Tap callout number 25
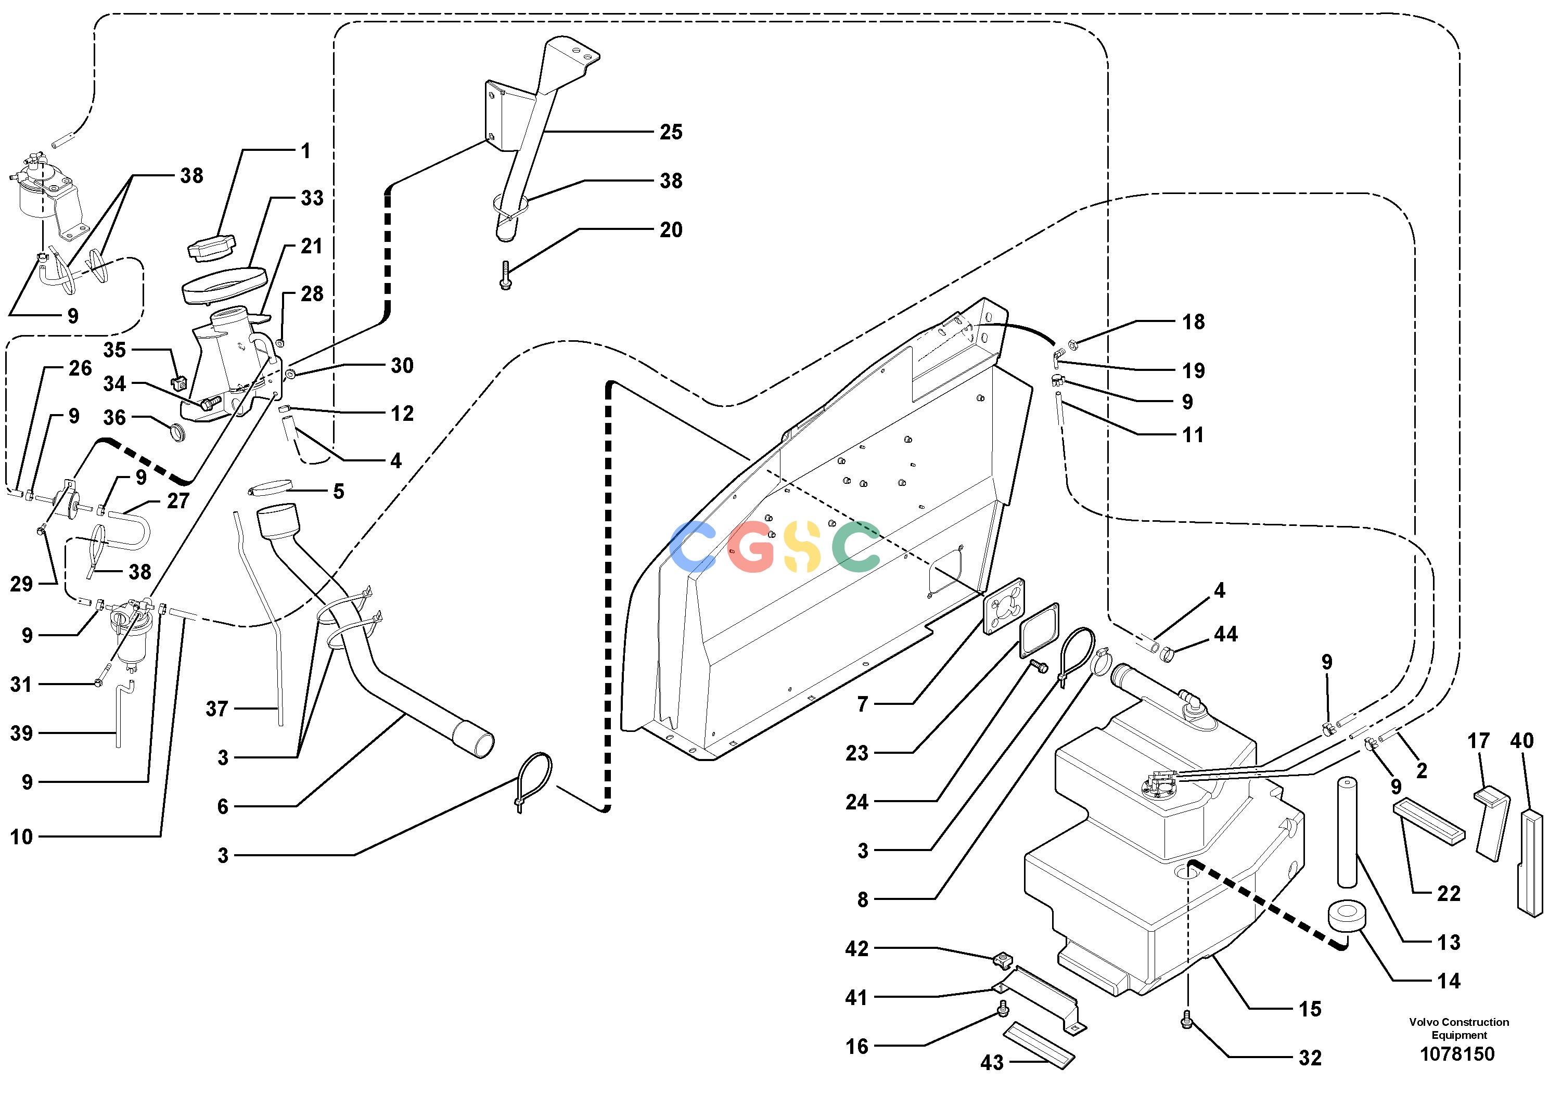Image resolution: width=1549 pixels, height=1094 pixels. pyautogui.click(x=671, y=132)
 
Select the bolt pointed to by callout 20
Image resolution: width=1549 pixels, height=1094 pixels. pyautogui.click(x=505, y=276)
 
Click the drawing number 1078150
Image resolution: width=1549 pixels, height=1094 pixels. pyautogui.click(x=1457, y=1053)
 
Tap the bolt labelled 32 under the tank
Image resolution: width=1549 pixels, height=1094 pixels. pyautogui.click(x=1188, y=1023)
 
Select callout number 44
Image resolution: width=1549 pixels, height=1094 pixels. pyautogui.click(x=1226, y=634)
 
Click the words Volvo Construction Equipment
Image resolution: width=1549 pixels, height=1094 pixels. pyautogui.click(x=1458, y=1028)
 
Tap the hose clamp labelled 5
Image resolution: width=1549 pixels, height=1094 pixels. pyautogui.click(x=270, y=487)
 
